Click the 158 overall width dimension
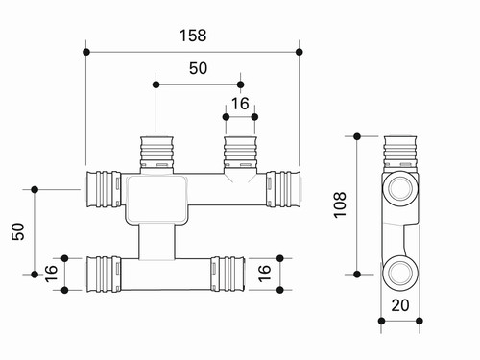(x=193, y=36)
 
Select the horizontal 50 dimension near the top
(x=198, y=68)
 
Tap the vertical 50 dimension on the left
(x=18, y=231)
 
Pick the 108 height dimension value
(x=340, y=205)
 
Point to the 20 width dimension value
(x=400, y=305)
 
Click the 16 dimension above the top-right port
(x=240, y=104)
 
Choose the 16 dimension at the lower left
(x=51, y=274)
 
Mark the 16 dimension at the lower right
(x=264, y=274)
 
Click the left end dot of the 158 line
(x=86, y=52)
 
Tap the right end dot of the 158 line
(x=300, y=52)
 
